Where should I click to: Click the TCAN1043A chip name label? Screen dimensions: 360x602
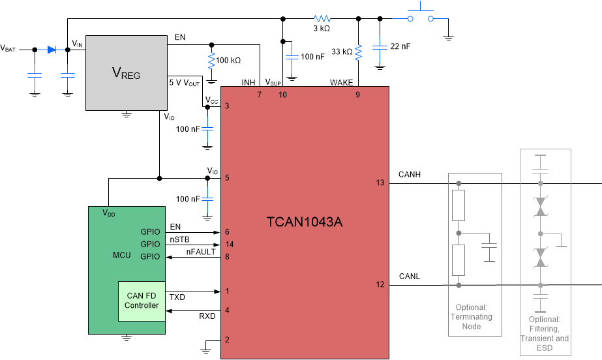(305, 222)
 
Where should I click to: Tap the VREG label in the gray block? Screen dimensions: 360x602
(127, 72)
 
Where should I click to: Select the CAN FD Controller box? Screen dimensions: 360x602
(142, 301)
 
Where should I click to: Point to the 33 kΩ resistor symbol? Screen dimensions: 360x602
(358, 52)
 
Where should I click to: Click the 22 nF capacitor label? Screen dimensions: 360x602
(400, 46)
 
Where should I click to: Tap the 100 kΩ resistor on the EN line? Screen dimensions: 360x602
(211, 61)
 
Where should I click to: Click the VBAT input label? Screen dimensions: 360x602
(8, 48)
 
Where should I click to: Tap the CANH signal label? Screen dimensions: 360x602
(409, 174)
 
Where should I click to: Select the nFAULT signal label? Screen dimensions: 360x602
(200, 252)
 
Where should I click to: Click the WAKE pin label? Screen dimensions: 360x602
(341, 83)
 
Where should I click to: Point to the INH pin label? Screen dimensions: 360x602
(248, 83)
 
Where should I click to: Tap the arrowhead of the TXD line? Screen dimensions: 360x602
(217, 292)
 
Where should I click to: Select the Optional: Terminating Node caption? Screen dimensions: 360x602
(474, 317)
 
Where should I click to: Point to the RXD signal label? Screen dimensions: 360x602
(207, 316)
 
